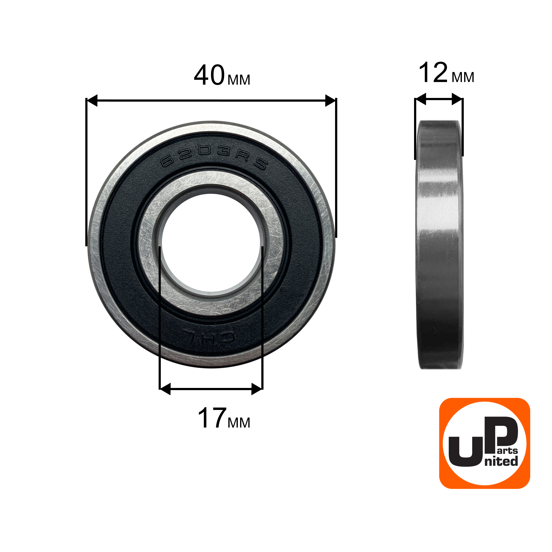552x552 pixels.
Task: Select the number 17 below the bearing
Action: (212, 418)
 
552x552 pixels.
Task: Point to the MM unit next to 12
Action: (463, 77)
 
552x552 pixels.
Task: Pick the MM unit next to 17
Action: (239, 423)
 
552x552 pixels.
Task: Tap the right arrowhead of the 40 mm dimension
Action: (330, 100)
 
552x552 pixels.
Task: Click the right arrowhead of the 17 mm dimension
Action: (257, 389)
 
